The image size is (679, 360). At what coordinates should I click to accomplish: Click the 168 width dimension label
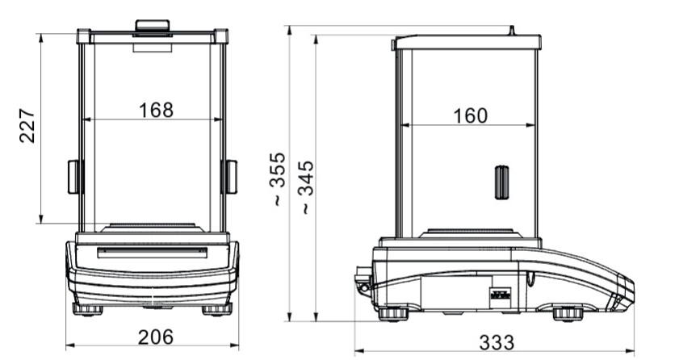tap(156, 111)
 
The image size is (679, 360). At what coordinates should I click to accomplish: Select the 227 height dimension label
tap(27, 127)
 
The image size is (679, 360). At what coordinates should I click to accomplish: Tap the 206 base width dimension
tap(156, 337)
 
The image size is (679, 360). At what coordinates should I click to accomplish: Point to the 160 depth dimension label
tap(470, 116)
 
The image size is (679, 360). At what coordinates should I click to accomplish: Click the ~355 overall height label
tap(278, 178)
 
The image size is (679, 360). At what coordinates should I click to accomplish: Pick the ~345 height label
tap(306, 187)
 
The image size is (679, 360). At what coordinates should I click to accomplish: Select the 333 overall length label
tap(497, 343)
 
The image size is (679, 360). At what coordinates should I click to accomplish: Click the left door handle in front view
tap(75, 177)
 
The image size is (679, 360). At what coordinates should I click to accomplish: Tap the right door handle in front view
tap(229, 177)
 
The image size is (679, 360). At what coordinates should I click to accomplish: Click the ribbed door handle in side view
tap(502, 182)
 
